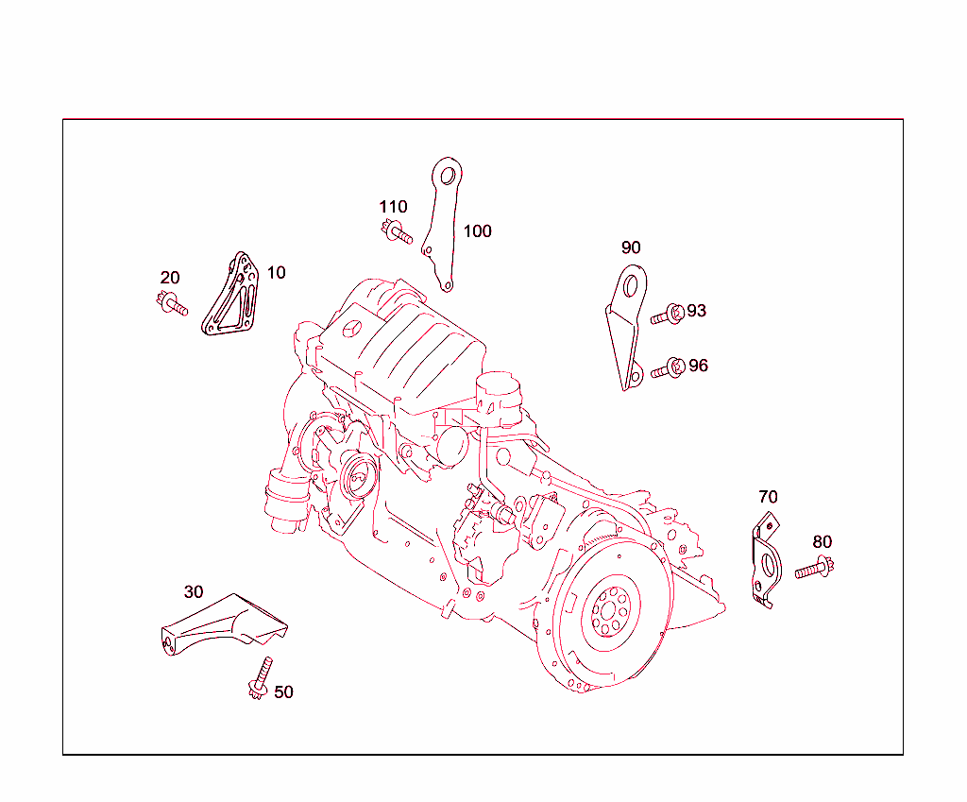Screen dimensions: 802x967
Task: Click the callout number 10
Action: (276, 272)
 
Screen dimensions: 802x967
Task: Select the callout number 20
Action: (170, 278)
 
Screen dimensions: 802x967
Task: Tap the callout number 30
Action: (194, 592)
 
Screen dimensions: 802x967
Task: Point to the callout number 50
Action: (283, 692)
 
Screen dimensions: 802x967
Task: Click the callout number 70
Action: (768, 497)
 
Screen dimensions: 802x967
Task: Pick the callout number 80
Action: (823, 542)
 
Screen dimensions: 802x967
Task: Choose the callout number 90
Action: (631, 248)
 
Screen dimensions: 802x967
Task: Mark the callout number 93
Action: (697, 311)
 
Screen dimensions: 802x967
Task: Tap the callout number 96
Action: (698, 366)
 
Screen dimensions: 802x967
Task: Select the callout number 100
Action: (478, 231)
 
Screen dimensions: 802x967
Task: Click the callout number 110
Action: (394, 207)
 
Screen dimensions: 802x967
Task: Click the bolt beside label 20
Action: (172, 305)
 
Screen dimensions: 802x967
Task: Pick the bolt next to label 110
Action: (397, 232)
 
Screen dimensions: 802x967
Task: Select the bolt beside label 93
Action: (667, 316)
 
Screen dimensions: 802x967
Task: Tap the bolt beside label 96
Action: (667, 369)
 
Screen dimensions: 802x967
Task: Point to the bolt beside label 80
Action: (813, 570)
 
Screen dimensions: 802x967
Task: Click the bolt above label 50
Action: (260, 677)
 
